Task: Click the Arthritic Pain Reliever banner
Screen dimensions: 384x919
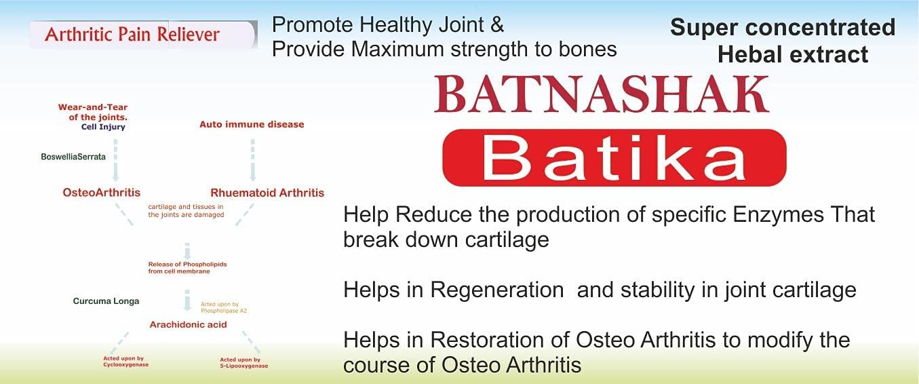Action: (x=133, y=34)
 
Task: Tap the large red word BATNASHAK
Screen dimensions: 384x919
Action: (x=602, y=96)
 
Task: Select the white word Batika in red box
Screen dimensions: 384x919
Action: (x=614, y=158)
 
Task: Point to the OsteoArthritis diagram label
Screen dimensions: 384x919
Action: (x=102, y=193)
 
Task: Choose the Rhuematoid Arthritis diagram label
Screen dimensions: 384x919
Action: (x=267, y=193)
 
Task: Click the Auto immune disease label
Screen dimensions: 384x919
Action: (x=252, y=124)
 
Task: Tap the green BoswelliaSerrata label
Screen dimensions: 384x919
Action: (x=73, y=157)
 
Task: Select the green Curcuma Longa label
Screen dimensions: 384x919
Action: (x=106, y=301)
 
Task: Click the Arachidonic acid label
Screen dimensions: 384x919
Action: (x=188, y=325)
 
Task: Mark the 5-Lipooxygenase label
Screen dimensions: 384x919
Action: (x=244, y=366)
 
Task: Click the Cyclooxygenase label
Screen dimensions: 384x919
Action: (x=122, y=365)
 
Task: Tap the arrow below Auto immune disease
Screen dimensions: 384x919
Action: (x=253, y=159)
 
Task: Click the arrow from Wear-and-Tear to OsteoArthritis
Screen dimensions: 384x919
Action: (x=115, y=159)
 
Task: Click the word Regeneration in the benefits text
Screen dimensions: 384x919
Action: (x=496, y=290)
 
